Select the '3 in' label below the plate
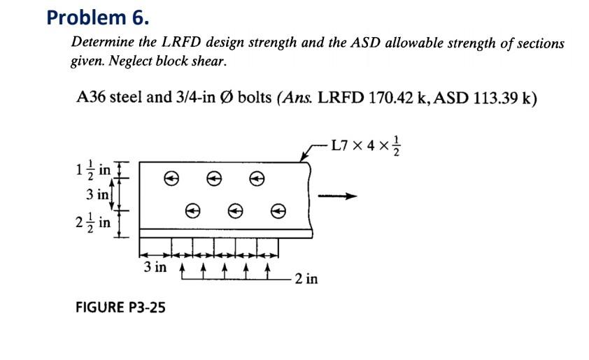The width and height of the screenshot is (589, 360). pyautogui.click(x=155, y=268)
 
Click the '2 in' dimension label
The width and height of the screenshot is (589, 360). pyautogui.click(x=306, y=279)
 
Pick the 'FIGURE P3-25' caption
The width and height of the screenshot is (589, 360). pyautogui.click(x=120, y=307)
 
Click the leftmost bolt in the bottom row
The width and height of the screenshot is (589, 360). pyautogui.click(x=191, y=209)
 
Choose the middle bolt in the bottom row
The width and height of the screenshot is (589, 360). pyautogui.click(x=235, y=209)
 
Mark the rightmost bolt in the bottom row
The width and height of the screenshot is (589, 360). pyautogui.click(x=278, y=209)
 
